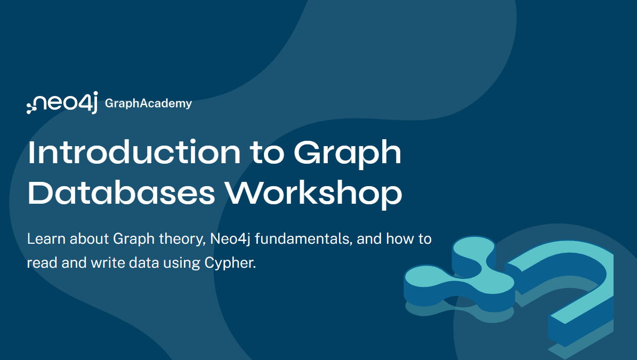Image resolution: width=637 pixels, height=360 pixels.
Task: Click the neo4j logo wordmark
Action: tap(66, 103)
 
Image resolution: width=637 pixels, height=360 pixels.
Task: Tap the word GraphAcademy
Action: tap(148, 103)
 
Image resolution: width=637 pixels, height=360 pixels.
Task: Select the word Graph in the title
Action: tap(348, 154)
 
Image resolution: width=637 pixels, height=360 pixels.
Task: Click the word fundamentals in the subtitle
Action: tap(303, 238)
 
